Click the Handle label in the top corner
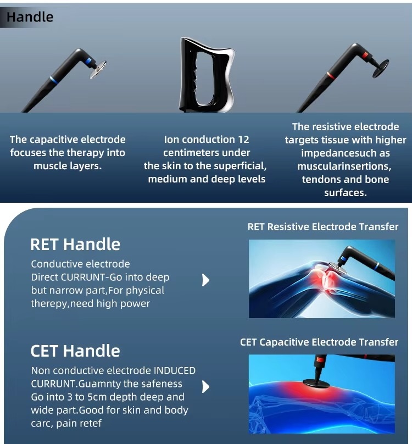(30, 17)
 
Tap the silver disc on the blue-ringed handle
(98, 69)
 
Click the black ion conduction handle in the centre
(207, 75)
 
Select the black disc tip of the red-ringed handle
(381, 68)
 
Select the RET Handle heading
(75, 245)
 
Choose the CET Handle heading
(75, 351)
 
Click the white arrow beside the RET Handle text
(206, 280)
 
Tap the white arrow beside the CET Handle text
(206, 387)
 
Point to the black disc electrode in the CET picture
(316, 383)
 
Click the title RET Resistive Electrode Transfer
(323, 227)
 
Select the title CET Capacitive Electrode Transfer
(319, 342)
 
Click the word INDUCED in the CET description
(175, 371)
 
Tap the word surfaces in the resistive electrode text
(346, 193)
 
